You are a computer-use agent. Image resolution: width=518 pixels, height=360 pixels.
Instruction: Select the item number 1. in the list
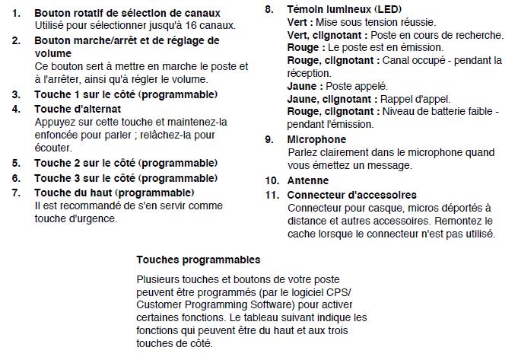tap(17, 14)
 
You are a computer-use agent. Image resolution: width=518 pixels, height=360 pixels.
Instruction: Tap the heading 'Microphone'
tap(316, 140)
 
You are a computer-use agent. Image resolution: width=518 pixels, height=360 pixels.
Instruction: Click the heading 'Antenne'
tap(308, 181)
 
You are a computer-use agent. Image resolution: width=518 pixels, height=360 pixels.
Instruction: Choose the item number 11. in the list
tap(272, 195)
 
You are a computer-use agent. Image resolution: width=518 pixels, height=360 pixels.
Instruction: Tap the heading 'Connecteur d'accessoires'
tap(351, 195)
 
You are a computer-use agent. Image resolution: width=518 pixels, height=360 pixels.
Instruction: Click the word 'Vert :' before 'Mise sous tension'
tap(303, 23)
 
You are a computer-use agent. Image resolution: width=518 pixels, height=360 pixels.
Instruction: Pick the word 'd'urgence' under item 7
tap(93, 218)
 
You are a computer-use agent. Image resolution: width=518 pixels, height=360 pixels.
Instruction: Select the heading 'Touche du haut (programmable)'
tap(114, 192)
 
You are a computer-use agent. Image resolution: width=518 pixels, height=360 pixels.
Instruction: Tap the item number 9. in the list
tap(270, 140)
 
